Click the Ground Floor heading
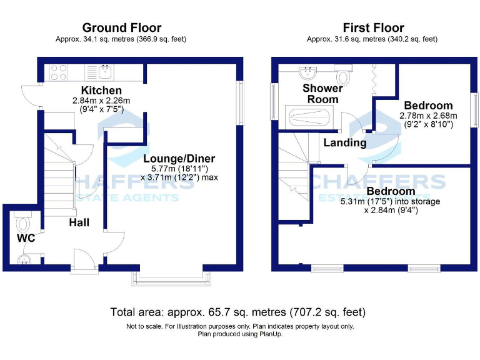tap(122, 28)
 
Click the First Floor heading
tap(373, 28)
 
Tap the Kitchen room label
tap(101, 91)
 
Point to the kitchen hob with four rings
tap(58, 72)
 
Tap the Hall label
tap(79, 222)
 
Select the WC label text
tap(26, 238)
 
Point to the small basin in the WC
tap(25, 259)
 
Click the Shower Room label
tap(322, 94)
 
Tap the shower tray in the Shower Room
tap(312, 117)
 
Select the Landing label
tap(344, 142)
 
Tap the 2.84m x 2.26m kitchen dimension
tap(101, 101)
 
